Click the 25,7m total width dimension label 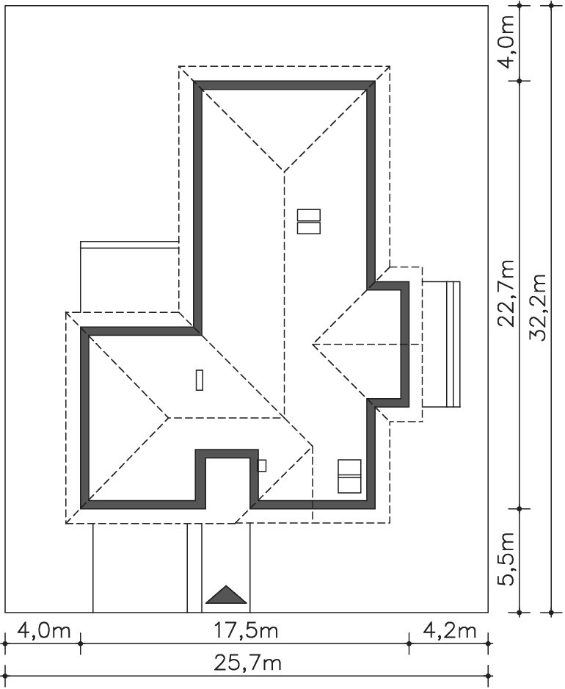click(x=247, y=663)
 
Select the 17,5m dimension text click(x=246, y=631)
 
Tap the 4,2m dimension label click(x=450, y=631)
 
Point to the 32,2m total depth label click(x=537, y=308)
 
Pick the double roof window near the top click(x=309, y=222)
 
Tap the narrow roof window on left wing click(x=200, y=380)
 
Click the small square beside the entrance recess click(x=262, y=466)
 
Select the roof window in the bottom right click(x=349, y=476)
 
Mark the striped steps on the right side click(x=453, y=344)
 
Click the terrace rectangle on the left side click(x=129, y=276)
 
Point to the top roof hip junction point click(x=283, y=172)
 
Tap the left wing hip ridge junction click(x=169, y=417)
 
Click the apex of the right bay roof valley click(x=313, y=344)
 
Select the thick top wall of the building click(x=284, y=84)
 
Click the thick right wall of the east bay click(x=405, y=344)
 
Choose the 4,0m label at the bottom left click(x=44, y=631)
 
